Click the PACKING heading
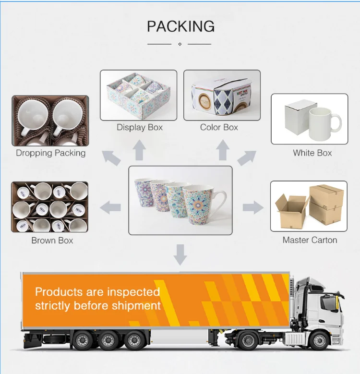click(x=180, y=26)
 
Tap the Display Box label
click(x=140, y=127)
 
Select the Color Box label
click(x=219, y=127)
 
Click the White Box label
click(x=312, y=153)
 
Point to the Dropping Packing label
click(x=50, y=153)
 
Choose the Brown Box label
click(x=52, y=240)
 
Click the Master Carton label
click(x=310, y=240)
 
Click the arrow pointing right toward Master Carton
click(x=252, y=207)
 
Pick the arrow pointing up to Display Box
click(x=139, y=150)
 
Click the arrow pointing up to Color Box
click(x=222, y=150)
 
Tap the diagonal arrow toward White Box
click(x=247, y=157)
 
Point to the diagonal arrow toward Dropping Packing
click(x=111, y=157)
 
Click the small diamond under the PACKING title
click(x=180, y=44)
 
